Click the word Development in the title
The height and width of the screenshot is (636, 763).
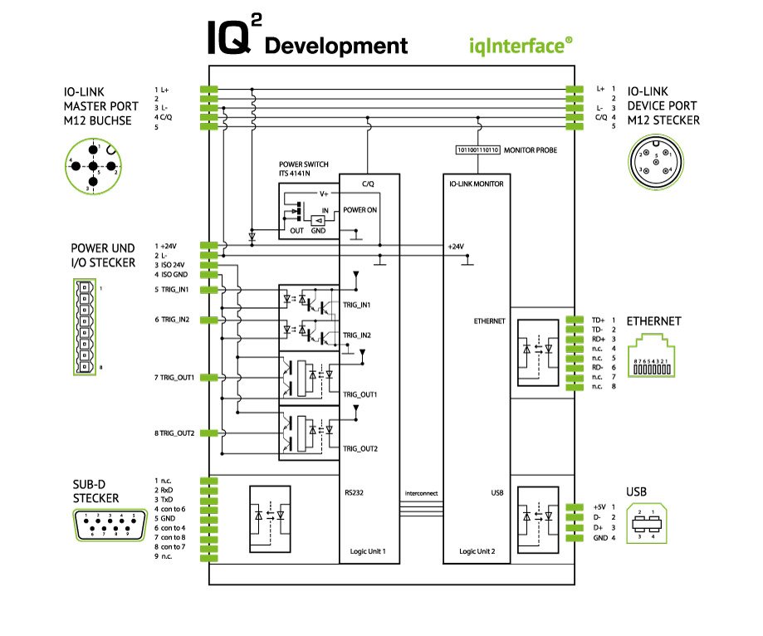click(x=336, y=45)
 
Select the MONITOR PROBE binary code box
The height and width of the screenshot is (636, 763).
click(x=476, y=151)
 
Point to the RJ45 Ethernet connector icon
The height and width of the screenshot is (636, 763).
click(x=656, y=357)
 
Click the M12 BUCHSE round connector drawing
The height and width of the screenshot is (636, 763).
click(x=92, y=165)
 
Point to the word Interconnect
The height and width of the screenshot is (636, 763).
click(x=422, y=493)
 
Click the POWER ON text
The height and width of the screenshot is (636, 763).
click(x=360, y=210)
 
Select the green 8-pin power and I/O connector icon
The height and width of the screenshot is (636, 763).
click(x=83, y=327)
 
